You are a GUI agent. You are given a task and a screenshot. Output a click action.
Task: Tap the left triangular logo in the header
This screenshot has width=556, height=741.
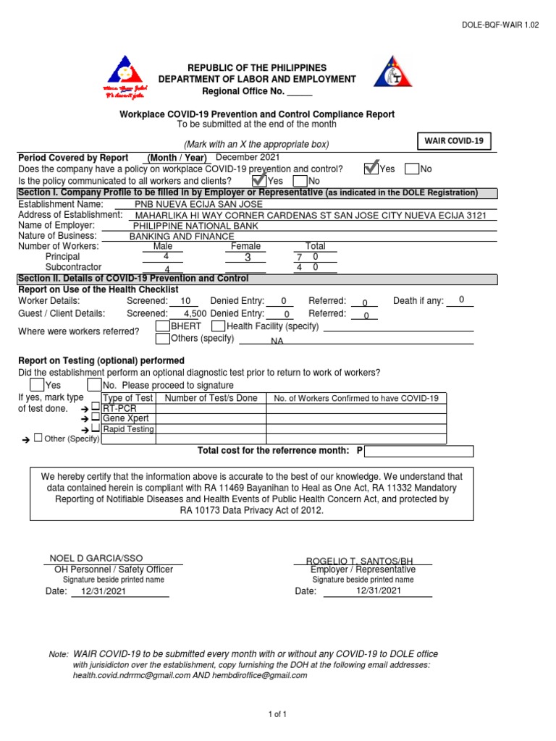point(127,78)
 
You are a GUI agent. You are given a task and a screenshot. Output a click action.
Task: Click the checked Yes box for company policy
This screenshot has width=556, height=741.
point(371,168)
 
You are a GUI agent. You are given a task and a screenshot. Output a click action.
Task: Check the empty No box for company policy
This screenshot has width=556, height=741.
point(411,169)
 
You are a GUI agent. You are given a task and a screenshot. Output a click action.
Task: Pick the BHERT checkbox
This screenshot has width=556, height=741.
point(163,326)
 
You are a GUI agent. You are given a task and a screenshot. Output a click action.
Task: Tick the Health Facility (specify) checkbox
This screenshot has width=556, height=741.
point(218,326)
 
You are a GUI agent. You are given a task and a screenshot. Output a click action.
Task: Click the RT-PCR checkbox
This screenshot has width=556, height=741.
point(96,407)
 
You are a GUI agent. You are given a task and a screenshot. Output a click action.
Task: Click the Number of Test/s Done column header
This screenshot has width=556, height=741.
point(211,398)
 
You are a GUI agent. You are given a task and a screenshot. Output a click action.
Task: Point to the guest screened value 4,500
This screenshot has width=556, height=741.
point(195,313)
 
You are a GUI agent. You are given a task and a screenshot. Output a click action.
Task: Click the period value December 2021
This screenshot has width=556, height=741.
point(248,157)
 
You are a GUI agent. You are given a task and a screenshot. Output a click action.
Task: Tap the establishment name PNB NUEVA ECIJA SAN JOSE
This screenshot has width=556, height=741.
point(199,204)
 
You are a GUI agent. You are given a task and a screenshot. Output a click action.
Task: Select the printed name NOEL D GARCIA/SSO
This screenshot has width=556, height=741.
point(96,558)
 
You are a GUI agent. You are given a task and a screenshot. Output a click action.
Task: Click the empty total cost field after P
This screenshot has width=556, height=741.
point(419,452)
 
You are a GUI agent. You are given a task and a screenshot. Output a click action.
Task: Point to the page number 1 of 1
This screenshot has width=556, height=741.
point(278,714)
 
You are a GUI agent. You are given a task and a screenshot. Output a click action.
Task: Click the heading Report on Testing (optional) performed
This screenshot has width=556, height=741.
point(101,360)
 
